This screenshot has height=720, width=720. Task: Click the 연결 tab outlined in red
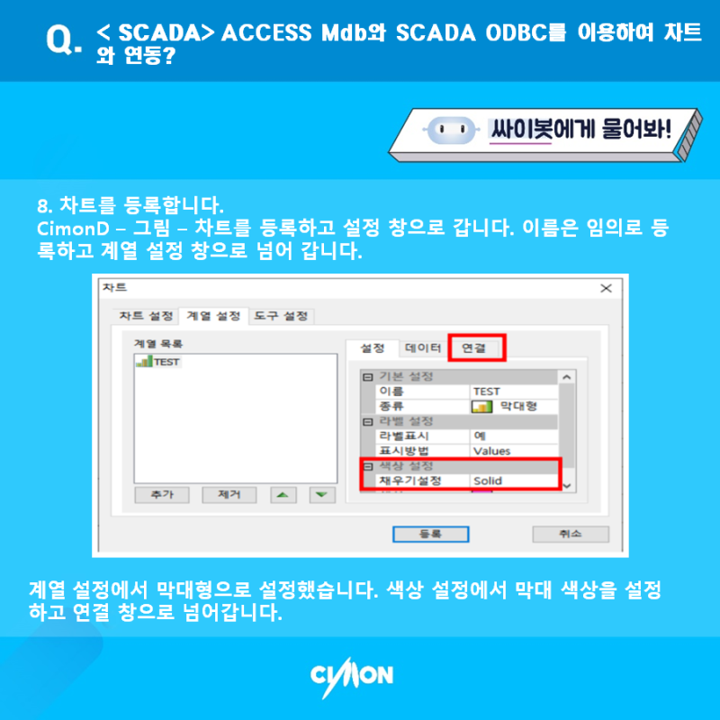(x=478, y=346)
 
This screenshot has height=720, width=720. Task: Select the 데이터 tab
(x=422, y=346)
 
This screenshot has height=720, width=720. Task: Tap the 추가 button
(x=162, y=495)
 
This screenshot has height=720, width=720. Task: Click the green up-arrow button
(x=283, y=495)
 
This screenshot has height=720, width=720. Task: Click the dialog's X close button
(x=605, y=288)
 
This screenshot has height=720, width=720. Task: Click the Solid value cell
(x=513, y=481)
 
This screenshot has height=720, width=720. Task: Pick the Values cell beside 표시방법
(x=513, y=451)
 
